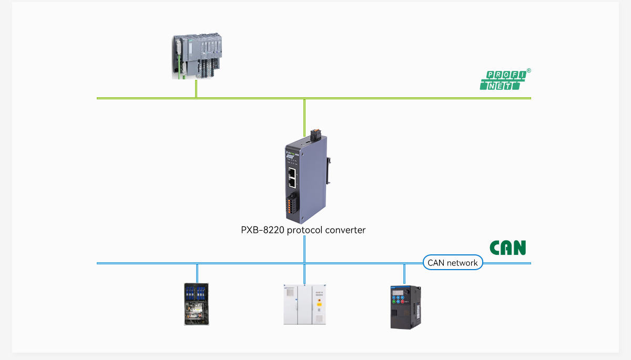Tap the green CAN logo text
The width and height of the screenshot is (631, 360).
click(x=507, y=248)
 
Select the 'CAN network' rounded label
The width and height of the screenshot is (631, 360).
click(x=453, y=262)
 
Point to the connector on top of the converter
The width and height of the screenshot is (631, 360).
click(x=315, y=135)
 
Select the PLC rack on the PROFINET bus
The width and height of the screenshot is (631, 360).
click(x=197, y=56)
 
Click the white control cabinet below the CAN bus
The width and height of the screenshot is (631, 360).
click(x=304, y=304)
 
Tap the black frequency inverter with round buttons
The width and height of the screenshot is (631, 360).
click(x=405, y=307)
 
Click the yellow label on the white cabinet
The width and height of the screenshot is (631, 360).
click(x=319, y=300)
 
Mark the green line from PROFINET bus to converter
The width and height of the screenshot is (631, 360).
click(x=304, y=116)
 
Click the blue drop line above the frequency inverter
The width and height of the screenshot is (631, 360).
click(x=404, y=274)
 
